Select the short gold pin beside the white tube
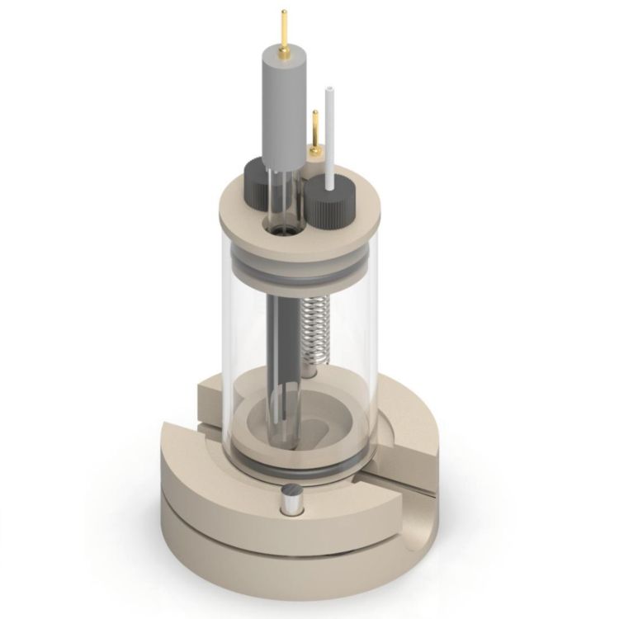point(315,128)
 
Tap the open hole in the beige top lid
point(283,225)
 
